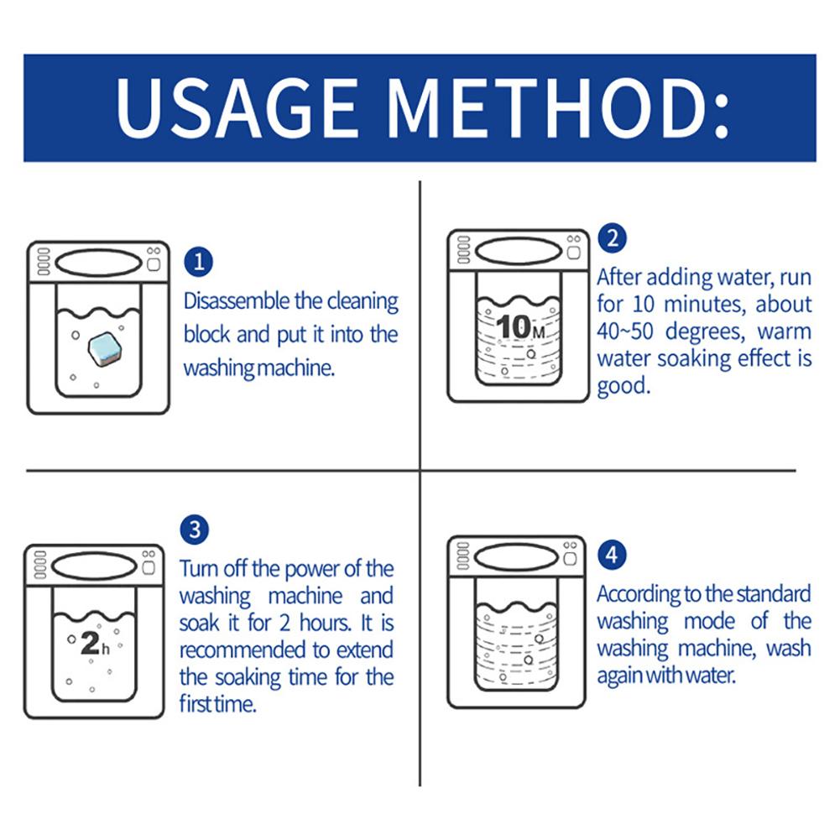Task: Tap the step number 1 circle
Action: click(x=198, y=262)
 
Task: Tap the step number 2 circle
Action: click(x=613, y=237)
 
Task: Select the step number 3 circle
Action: click(x=195, y=530)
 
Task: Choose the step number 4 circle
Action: click(x=612, y=555)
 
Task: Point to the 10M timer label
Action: click(x=519, y=326)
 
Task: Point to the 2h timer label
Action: click(x=95, y=644)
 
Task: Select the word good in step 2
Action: click(x=623, y=386)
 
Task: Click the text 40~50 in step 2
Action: click(x=625, y=331)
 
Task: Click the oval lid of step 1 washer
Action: click(x=98, y=263)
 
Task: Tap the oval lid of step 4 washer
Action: click(x=517, y=558)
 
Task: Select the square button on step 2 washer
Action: click(x=574, y=253)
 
